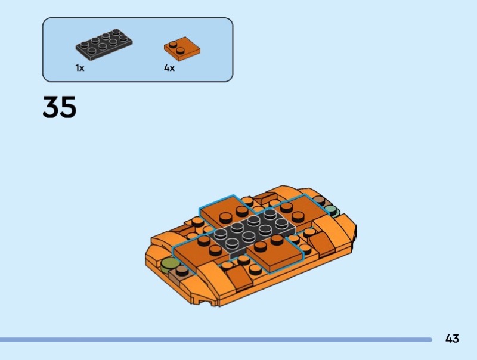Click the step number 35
[x=60, y=107]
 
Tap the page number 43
[x=452, y=339]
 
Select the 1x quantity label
[x=80, y=68]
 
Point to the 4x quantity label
[x=169, y=68]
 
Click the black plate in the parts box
[x=104, y=44]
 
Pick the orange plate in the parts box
[x=182, y=49]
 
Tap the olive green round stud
[x=169, y=265]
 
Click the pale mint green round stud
[x=332, y=210]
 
